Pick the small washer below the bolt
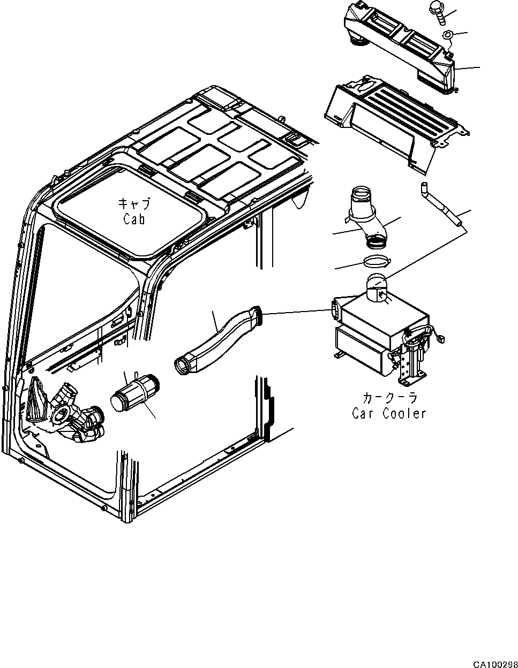click(448, 36)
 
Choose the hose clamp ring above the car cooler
click(377, 262)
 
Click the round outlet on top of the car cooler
click(379, 288)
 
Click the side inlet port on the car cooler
click(336, 309)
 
